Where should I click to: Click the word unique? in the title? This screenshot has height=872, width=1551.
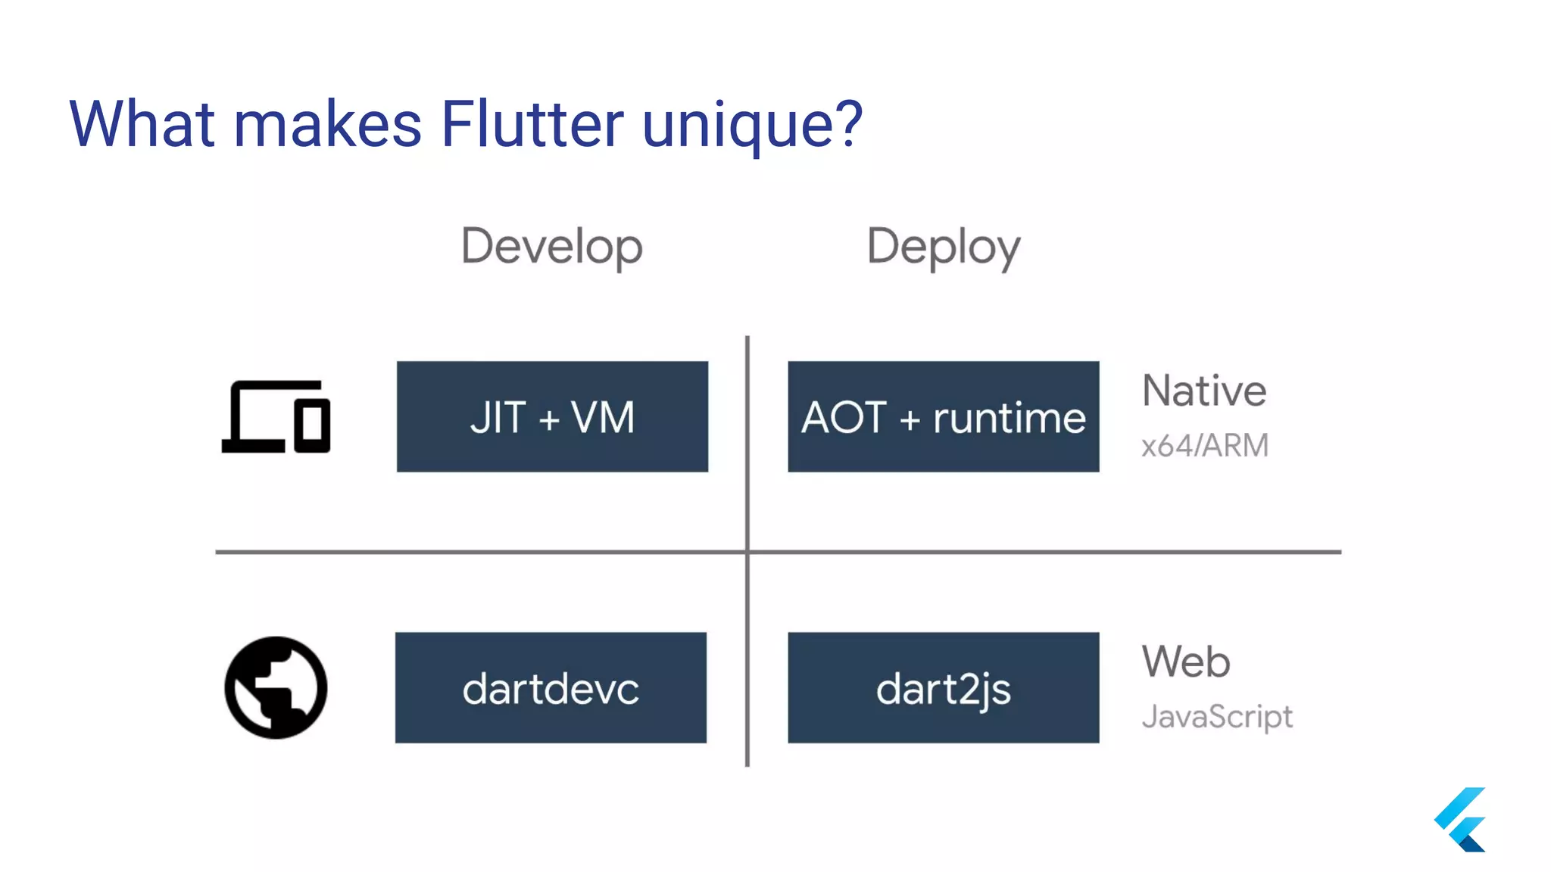751,125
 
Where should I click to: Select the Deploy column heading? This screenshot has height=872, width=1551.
943,247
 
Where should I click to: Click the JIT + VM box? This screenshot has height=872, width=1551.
552,416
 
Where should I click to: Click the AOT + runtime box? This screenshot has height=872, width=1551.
943,416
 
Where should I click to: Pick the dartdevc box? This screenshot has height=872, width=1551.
551,687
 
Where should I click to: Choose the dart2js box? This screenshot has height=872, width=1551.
943,687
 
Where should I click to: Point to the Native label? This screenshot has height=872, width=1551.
1203,391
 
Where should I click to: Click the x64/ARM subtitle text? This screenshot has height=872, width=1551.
1204,445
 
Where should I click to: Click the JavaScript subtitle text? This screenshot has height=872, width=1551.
1216,716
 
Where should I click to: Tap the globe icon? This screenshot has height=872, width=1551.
276,687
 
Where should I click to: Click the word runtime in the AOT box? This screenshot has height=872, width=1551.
1009,418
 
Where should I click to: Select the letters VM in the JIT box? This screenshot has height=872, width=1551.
603,417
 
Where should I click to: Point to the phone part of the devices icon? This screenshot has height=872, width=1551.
312,425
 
